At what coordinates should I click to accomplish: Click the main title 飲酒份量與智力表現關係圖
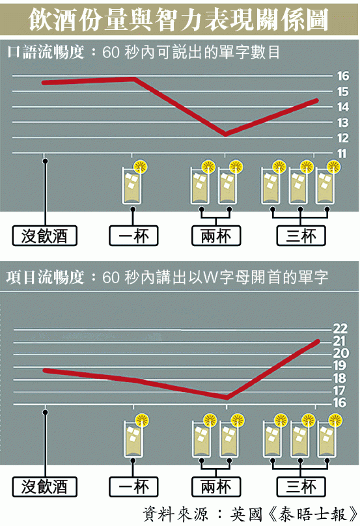(178, 20)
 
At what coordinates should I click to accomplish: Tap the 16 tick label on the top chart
(343, 76)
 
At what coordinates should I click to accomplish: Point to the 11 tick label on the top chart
(342, 154)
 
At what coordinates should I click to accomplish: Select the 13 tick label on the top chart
(343, 123)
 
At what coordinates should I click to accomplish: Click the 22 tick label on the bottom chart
(340, 328)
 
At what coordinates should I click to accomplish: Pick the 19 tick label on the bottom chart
(340, 366)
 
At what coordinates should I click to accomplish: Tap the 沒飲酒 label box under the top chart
(45, 236)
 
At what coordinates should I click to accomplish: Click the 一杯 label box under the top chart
(133, 236)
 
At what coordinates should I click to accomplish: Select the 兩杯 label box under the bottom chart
(216, 487)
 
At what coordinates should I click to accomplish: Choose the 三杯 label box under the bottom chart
(301, 487)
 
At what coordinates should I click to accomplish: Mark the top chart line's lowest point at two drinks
(225, 134)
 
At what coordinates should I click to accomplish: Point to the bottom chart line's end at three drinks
(318, 342)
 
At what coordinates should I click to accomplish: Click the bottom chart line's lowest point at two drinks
(227, 398)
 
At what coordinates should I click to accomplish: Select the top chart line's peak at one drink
(134, 79)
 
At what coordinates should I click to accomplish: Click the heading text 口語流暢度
(46, 52)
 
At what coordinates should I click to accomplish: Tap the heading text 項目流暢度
(45, 278)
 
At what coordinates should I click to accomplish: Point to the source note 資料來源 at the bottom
(176, 514)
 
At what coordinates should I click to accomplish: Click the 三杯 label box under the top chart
(301, 236)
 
